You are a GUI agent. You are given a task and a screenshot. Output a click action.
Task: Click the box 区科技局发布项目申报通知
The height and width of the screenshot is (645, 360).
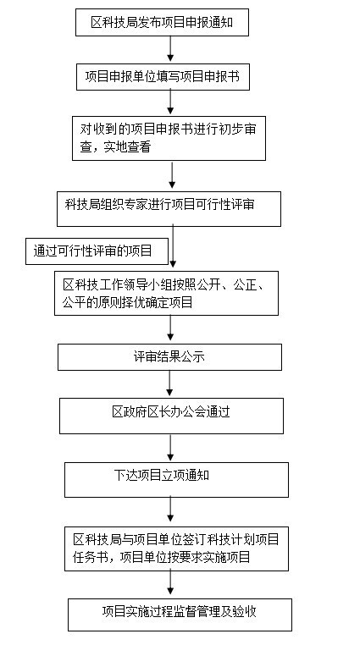(x=162, y=22)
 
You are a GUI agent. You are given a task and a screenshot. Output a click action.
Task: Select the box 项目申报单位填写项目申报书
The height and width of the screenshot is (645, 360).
(x=163, y=76)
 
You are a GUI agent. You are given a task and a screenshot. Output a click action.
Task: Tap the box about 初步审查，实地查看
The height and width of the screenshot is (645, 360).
(x=169, y=138)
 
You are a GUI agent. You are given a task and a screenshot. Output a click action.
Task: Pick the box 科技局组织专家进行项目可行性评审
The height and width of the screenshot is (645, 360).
(x=169, y=209)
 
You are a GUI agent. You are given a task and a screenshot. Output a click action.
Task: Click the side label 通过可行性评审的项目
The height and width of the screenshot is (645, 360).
(x=97, y=251)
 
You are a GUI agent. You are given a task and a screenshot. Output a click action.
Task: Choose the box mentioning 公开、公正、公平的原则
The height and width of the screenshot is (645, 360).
(x=166, y=293)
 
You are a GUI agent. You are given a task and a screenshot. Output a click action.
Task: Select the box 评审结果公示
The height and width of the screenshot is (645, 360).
(x=169, y=357)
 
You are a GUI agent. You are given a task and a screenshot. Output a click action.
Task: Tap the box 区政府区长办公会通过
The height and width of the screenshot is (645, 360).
(x=171, y=416)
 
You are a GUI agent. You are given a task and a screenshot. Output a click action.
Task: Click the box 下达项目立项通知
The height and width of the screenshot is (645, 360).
(x=176, y=480)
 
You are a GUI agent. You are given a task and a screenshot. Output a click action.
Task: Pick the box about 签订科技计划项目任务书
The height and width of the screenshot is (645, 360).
(x=176, y=549)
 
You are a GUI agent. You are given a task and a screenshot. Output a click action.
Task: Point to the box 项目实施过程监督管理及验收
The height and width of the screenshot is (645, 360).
(x=180, y=615)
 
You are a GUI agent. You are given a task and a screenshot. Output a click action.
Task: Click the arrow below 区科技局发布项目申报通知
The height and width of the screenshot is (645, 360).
(x=170, y=49)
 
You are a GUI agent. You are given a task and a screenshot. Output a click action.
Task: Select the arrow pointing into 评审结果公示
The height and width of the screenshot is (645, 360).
(x=170, y=329)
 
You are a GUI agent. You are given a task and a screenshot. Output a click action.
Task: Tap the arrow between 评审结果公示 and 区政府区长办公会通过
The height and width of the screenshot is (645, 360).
(x=169, y=383)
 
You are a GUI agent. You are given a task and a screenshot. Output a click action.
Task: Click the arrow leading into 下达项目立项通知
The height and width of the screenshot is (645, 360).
(x=170, y=448)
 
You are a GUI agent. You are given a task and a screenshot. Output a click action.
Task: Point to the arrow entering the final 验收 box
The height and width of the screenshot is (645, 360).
(x=170, y=585)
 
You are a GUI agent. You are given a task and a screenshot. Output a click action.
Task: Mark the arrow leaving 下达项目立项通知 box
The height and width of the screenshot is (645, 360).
(x=170, y=512)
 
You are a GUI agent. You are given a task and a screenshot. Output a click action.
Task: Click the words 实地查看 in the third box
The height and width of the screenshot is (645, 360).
(x=127, y=147)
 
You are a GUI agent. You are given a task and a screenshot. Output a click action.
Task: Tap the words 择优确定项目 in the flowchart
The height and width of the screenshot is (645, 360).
(x=157, y=303)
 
